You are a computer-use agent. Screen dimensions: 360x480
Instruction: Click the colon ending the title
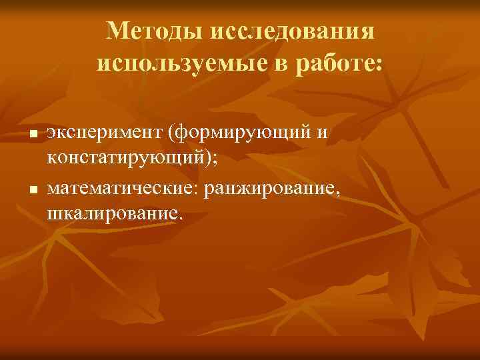click(379, 65)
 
